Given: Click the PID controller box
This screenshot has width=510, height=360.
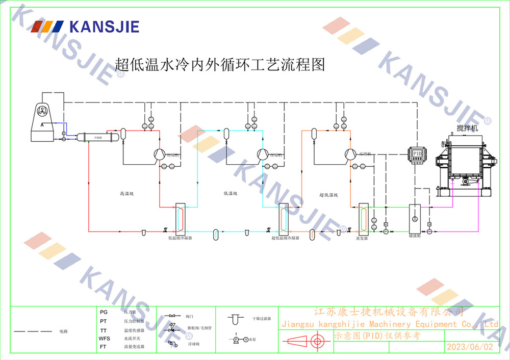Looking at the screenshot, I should tap(417, 153).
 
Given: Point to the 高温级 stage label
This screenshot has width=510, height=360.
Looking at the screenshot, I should tap(126, 194).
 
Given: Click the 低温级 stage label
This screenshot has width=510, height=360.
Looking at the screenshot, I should tap(231, 194).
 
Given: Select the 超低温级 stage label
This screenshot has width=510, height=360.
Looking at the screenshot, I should tap(329, 194).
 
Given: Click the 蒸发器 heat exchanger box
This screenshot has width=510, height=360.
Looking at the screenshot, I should tap(363, 218).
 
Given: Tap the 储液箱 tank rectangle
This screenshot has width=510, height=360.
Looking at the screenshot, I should tap(415, 219).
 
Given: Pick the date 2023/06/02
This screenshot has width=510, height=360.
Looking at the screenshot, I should tap(470, 347).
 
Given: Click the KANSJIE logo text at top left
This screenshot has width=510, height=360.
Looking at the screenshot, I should tap(104, 27).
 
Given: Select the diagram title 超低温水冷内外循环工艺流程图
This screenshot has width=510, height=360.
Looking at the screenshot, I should tap(220, 65).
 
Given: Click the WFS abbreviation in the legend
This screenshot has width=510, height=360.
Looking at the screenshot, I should tap(104, 339).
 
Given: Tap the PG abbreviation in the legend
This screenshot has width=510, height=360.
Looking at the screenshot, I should tap(104, 311).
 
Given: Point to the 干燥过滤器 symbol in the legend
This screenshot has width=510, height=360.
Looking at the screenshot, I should tap(235, 319).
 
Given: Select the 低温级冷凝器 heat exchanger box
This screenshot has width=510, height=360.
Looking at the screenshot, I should tap(181, 218).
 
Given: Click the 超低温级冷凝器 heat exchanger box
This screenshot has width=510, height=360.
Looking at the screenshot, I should tap(283, 218).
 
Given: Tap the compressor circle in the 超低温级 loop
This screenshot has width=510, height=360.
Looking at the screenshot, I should tap(350, 153).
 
